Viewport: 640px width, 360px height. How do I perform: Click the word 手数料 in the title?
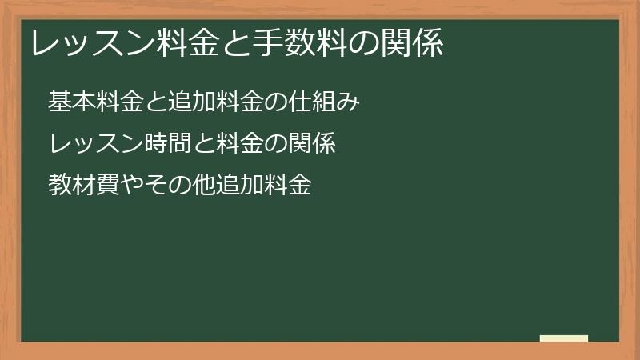298,43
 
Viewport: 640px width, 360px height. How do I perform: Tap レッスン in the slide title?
93,43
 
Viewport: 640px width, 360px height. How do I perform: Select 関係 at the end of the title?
412,43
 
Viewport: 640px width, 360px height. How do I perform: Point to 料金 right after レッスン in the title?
186,43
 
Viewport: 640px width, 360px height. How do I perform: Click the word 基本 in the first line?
72,102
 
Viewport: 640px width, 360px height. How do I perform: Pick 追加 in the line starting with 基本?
192,102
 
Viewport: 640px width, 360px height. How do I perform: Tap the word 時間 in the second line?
168,143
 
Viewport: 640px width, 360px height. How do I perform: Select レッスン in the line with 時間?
96,143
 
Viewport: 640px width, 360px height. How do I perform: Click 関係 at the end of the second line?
312,143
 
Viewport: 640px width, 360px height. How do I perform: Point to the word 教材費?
84,185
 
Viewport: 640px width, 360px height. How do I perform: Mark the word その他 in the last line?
180,185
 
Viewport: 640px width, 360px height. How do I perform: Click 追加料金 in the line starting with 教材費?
264,185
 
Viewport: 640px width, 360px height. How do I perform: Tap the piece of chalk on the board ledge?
564,338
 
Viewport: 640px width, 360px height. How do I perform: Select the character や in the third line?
132,185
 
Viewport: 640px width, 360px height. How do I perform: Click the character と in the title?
235,43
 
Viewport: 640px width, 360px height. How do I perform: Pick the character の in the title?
363,43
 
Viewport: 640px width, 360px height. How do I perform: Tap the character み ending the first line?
348,102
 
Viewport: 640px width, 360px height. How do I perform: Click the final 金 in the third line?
300,185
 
